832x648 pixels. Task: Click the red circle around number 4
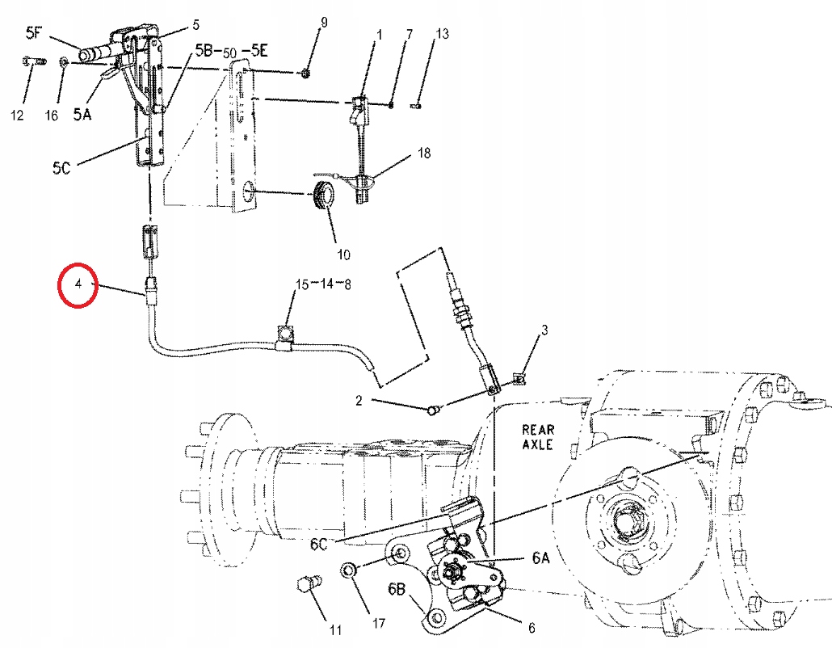pos(78,284)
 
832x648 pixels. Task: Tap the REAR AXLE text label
pos(537,437)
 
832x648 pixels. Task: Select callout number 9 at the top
pos(324,22)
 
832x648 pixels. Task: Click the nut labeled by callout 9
pos(305,74)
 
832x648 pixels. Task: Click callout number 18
pos(425,152)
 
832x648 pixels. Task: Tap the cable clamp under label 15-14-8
pos(285,335)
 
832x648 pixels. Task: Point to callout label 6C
pos(319,544)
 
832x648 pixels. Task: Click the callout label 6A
pos(540,557)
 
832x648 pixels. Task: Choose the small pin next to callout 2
pos(433,410)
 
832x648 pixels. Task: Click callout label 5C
pos(62,167)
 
